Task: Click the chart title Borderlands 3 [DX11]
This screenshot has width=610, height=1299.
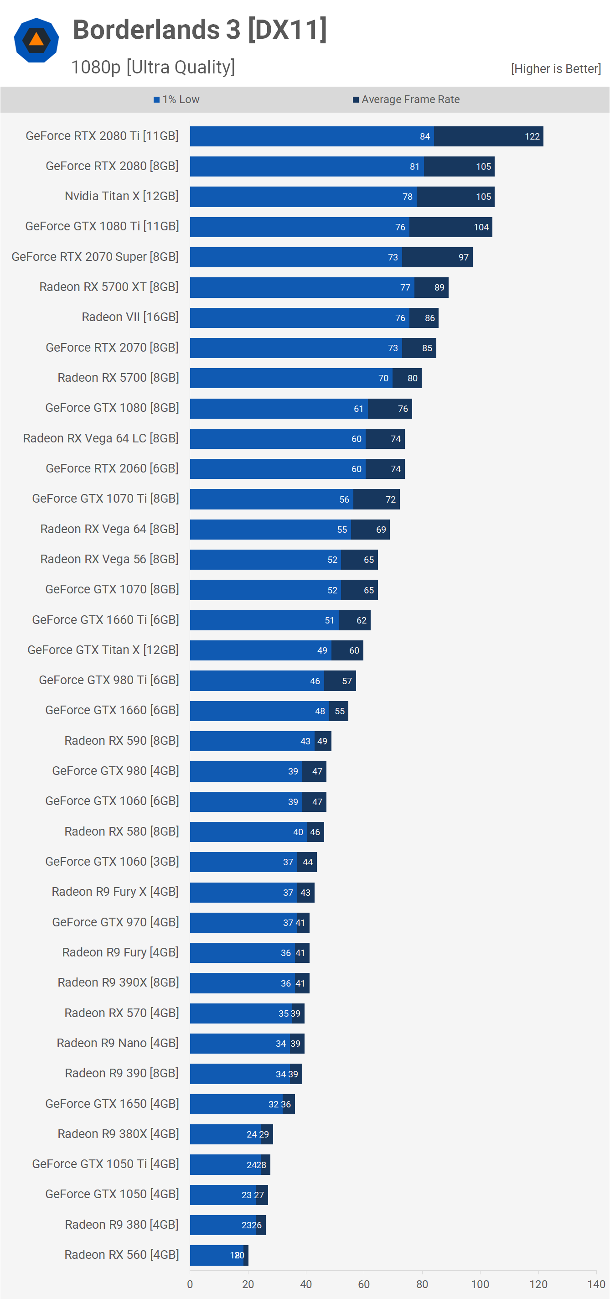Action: click(200, 30)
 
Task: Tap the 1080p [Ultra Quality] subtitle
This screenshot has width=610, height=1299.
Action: click(153, 67)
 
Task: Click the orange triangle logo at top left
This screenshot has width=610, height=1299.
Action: click(36, 40)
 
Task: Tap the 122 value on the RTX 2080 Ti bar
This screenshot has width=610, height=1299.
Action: click(532, 137)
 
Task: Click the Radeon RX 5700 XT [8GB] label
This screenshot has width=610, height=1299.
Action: click(109, 287)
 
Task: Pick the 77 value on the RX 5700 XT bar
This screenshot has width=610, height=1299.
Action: click(405, 287)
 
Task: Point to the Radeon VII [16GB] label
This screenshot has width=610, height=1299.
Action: click(130, 317)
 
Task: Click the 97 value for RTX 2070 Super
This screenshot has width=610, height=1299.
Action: click(463, 258)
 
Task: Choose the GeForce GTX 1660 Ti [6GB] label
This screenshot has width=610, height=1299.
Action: click(105, 620)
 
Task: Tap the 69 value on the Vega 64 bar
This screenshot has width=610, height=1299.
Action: click(381, 530)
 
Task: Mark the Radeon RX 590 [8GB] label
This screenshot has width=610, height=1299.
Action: click(121, 741)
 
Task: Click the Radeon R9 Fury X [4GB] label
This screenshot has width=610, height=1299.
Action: click(115, 892)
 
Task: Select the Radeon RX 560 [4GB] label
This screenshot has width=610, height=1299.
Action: click(121, 1255)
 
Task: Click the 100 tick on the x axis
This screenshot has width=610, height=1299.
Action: click(480, 1284)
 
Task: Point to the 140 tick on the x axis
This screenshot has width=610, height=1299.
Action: click(596, 1284)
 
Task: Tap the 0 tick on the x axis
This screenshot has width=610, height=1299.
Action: click(190, 1284)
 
